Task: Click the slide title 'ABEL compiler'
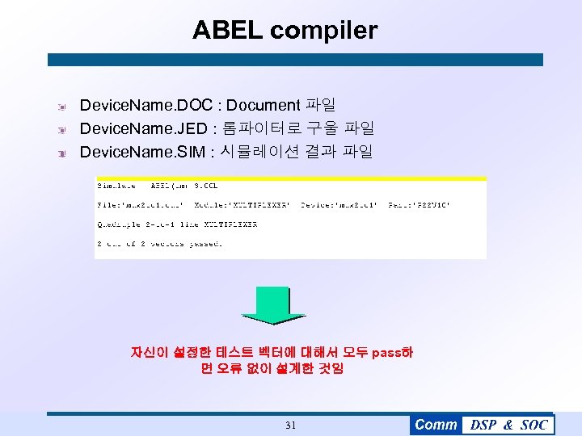285,31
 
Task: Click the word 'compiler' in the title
323,31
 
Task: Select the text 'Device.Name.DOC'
146,105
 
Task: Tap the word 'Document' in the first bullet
263,105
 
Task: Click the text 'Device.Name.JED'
145,128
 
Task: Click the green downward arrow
275,306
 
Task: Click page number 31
291,425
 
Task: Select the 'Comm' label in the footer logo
436,425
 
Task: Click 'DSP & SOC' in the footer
508,425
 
